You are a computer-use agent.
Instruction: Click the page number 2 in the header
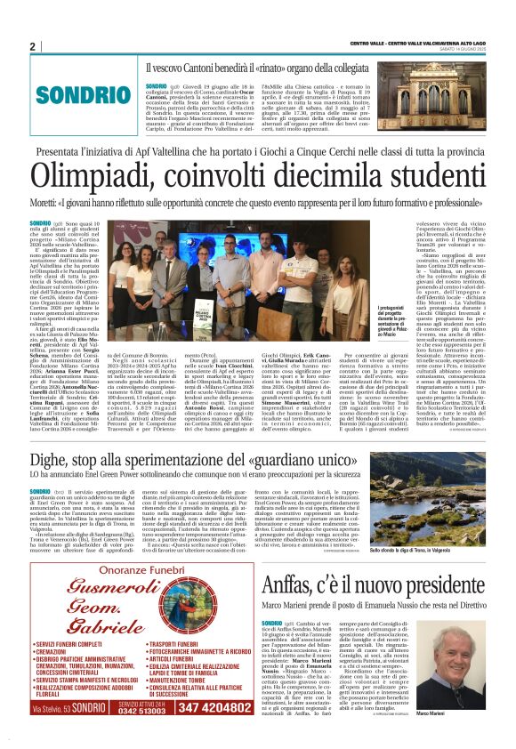pyautogui.click(x=32, y=46)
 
